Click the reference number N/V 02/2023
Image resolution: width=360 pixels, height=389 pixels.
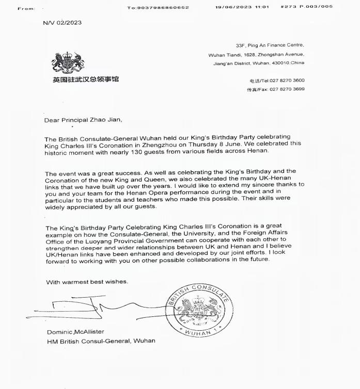point(62,23)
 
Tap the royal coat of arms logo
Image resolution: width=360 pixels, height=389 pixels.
point(68,62)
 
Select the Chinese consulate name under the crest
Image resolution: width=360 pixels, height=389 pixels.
point(86,79)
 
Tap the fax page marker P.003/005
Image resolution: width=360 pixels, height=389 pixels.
point(319,7)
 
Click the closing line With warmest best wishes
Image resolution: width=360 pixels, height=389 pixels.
point(87,282)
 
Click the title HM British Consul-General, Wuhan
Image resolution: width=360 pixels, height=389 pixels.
point(101,341)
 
